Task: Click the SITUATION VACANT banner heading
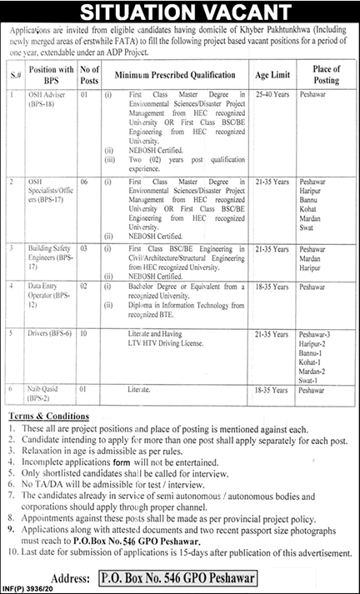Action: click(179, 11)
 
